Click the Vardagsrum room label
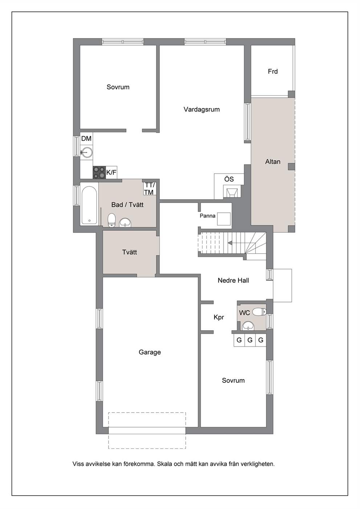(201, 110)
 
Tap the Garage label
(150, 352)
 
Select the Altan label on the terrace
(273, 162)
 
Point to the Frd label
(273, 71)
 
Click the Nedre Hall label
(233, 280)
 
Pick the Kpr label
(218, 317)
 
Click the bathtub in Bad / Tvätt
(89, 205)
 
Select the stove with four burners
(99, 172)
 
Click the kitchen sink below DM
(86, 152)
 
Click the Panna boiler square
(224, 219)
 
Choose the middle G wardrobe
(250, 340)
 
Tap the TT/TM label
(149, 189)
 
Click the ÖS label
(229, 179)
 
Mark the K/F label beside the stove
(111, 173)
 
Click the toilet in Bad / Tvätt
(111, 220)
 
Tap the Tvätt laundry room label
(130, 252)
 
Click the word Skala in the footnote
(165, 464)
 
